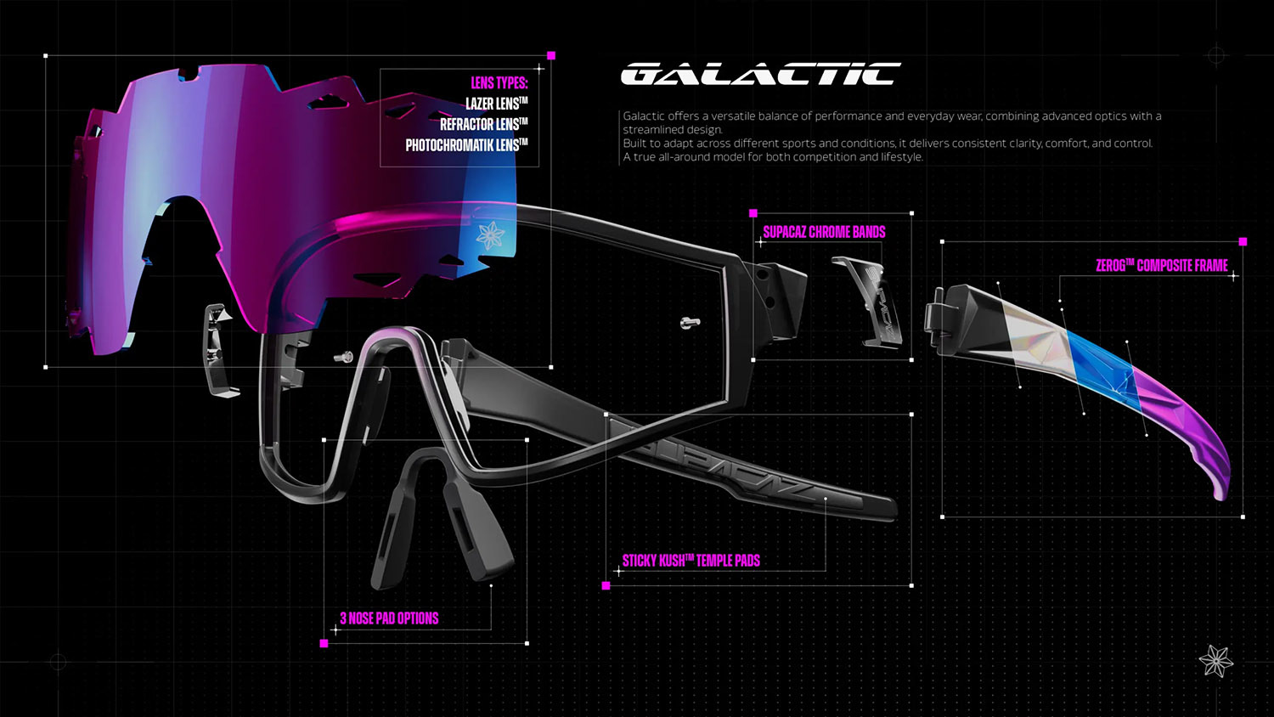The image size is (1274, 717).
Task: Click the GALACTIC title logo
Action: tap(760, 74)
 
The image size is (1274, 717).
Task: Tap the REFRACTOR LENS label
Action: tap(484, 124)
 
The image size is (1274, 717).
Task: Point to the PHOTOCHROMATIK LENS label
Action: tap(467, 145)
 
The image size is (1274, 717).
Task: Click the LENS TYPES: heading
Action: tap(499, 83)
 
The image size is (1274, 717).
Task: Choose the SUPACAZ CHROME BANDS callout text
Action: tap(824, 232)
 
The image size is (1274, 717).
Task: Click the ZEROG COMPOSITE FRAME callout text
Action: tap(1161, 265)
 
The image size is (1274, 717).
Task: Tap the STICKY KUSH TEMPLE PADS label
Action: tap(691, 561)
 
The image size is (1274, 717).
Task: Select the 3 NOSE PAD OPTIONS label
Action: tap(389, 618)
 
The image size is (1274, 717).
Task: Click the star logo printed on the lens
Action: tap(490, 235)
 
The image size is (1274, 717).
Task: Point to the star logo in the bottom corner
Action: tap(1216, 661)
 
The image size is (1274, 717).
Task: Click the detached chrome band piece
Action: tap(867, 300)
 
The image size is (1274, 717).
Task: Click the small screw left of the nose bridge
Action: tap(343, 357)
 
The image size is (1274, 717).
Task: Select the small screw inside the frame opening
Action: tap(690, 323)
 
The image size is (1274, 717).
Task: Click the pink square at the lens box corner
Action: tap(550, 56)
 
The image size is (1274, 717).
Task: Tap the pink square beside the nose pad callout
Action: tap(324, 644)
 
